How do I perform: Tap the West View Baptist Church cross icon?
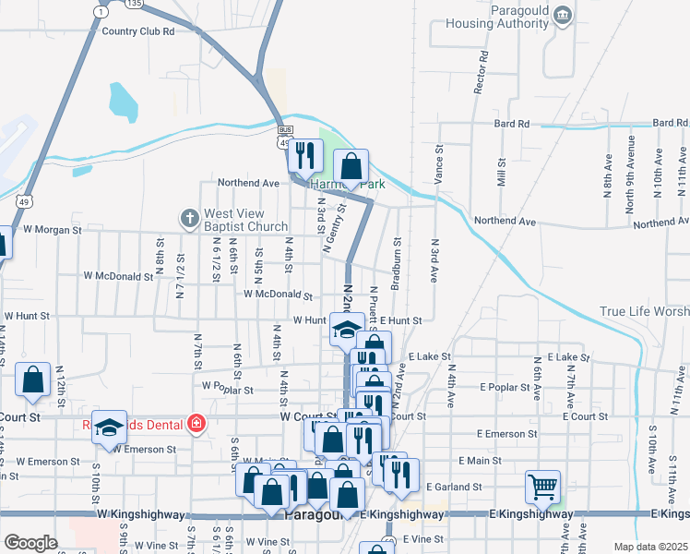click(189, 219)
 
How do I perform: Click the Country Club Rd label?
click(138, 30)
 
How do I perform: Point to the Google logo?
click(30, 542)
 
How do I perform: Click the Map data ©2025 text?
click(650, 547)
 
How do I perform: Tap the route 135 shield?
click(135, 4)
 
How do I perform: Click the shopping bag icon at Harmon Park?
click(351, 167)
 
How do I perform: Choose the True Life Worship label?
click(644, 312)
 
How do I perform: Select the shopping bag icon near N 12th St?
click(33, 379)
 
